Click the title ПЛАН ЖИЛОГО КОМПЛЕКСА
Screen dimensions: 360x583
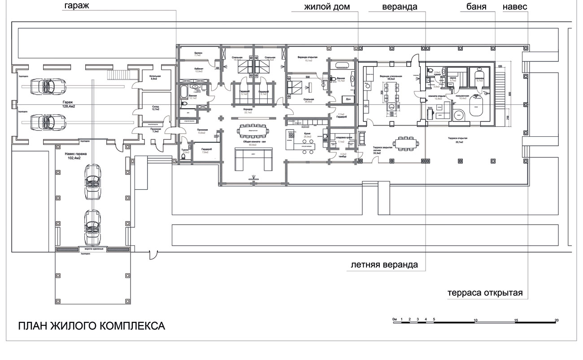click(91, 325)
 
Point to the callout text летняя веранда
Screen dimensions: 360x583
click(384, 265)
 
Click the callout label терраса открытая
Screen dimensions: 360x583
click(485, 293)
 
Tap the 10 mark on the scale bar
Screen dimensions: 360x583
click(475, 320)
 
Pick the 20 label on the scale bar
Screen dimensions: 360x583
click(557, 320)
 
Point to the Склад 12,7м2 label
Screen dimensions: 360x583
click(156, 108)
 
